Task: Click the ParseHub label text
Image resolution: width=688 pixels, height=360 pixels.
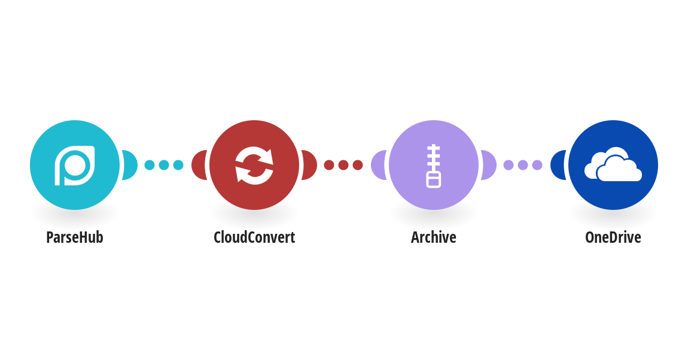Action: (x=75, y=237)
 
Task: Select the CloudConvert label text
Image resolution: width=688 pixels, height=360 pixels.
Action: (x=254, y=237)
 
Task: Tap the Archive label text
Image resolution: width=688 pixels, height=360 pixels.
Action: (x=434, y=237)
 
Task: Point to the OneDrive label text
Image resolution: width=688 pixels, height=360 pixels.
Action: (x=613, y=237)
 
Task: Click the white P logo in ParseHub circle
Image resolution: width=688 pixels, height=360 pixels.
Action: (x=75, y=165)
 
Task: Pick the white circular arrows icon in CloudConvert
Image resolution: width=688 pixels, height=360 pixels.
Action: (x=254, y=165)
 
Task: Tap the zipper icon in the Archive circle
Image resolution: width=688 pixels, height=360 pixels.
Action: (x=434, y=166)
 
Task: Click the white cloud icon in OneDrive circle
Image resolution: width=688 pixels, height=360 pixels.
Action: (x=613, y=165)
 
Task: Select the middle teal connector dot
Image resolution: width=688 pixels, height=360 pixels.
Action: (x=164, y=165)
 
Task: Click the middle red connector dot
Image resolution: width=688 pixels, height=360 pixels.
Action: (x=343, y=165)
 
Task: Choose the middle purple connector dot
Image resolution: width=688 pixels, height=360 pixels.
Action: (x=523, y=165)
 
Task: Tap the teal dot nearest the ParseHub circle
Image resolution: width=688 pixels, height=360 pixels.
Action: (x=150, y=165)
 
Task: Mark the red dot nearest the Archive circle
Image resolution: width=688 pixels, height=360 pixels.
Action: (x=358, y=165)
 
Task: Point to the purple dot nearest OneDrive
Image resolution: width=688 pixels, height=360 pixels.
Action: (x=537, y=165)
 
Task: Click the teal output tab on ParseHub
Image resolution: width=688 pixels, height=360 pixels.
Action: (x=130, y=165)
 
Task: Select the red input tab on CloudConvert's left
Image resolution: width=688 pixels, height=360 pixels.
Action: (x=199, y=165)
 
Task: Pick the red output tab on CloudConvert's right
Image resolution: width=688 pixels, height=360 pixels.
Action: (x=309, y=165)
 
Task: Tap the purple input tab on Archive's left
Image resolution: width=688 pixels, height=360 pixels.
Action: (x=379, y=165)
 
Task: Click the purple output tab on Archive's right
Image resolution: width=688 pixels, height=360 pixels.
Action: (x=489, y=165)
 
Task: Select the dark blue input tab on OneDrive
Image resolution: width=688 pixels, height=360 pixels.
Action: (x=558, y=165)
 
